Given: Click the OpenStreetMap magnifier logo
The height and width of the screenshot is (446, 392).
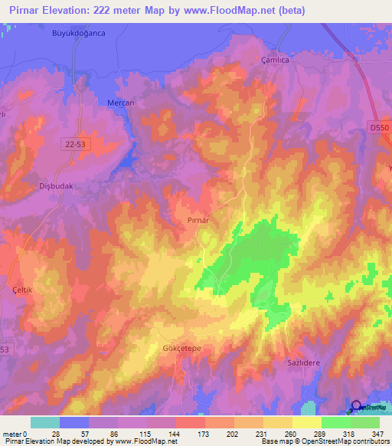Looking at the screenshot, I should coord(358,407).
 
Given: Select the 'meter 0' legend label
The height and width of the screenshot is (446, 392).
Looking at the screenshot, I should coord(15,433).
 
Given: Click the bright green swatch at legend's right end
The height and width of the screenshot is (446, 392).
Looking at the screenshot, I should coord(364,422).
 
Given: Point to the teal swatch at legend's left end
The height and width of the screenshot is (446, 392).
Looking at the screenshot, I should coord(44,422).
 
